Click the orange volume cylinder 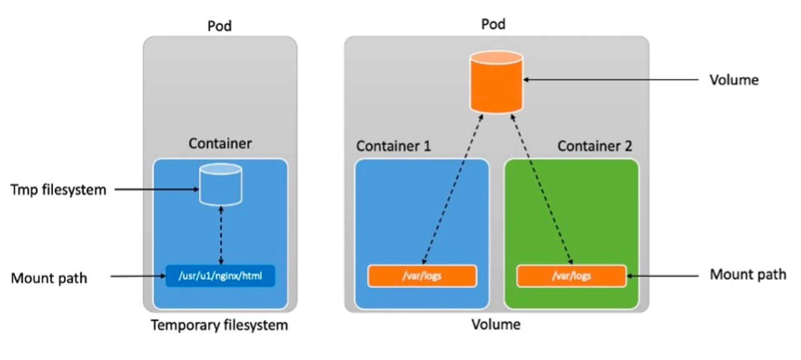pyautogui.click(x=496, y=82)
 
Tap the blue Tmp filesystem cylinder pyautogui.click(x=220, y=185)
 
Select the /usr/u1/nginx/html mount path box pyautogui.click(x=220, y=276)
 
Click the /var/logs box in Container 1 pyautogui.click(x=422, y=276)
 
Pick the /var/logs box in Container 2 pyautogui.click(x=571, y=276)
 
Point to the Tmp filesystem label pyautogui.click(x=58, y=190)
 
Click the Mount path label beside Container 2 pyautogui.click(x=748, y=274)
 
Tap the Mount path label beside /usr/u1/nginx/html pyautogui.click(x=49, y=278)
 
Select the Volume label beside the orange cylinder pyautogui.click(x=734, y=80)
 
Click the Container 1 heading pyautogui.click(x=393, y=146)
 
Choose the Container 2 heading pyautogui.click(x=594, y=146)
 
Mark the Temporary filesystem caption pyautogui.click(x=219, y=325)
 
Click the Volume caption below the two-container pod pyautogui.click(x=496, y=325)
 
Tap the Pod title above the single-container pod pyautogui.click(x=219, y=26)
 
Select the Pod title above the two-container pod pyautogui.click(x=493, y=24)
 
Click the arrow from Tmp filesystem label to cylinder pyautogui.click(x=156, y=189)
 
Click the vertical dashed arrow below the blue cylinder pyautogui.click(x=221, y=236)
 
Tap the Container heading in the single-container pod pyautogui.click(x=220, y=143)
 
